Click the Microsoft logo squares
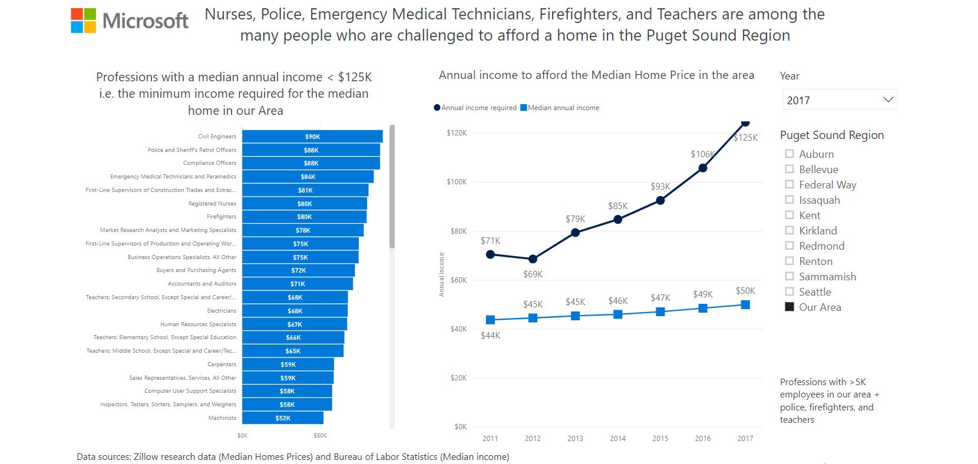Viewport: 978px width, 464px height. [x=84, y=21]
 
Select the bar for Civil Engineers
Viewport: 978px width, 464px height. [x=312, y=137]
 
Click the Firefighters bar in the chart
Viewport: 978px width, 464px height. [x=304, y=217]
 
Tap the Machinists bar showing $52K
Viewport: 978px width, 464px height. [x=283, y=418]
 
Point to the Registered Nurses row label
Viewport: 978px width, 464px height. [x=212, y=204]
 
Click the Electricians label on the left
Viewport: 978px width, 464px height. [x=222, y=311]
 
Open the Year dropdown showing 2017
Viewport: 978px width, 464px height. [x=840, y=100]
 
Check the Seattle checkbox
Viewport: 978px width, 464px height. [x=789, y=291]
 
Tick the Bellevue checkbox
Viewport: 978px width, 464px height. [x=789, y=169]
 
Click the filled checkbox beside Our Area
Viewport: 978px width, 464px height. [x=789, y=307]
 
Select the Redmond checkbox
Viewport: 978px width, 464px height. [x=789, y=246]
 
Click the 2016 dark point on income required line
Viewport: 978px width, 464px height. [x=703, y=168]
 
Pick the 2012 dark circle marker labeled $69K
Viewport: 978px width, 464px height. [x=533, y=259]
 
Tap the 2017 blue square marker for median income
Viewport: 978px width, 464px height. [x=745, y=304]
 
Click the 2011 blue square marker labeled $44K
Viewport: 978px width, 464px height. [x=490, y=320]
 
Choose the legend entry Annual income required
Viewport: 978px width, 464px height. [x=475, y=108]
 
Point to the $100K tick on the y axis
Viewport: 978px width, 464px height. [x=457, y=182]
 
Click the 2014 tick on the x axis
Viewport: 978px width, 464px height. [x=617, y=439]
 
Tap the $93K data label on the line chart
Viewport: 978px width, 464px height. [x=660, y=187]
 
